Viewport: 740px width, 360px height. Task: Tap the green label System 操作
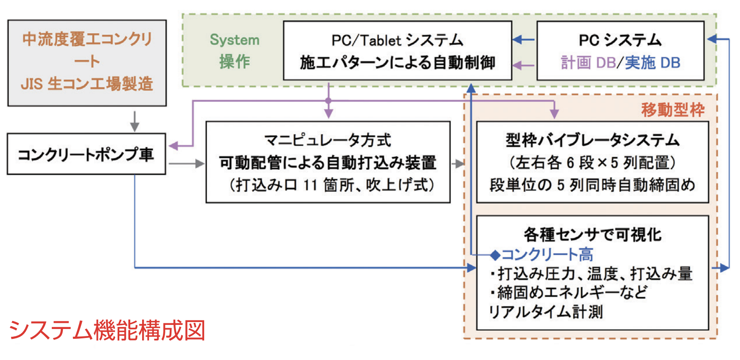pyautogui.click(x=234, y=51)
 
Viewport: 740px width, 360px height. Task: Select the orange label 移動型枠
pyautogui.click(x=673, y=110)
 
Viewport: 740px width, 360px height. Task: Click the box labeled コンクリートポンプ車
pyautogui.click(x=86, y=154)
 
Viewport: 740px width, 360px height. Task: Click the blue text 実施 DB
pyautogui.click(x=653, y=63)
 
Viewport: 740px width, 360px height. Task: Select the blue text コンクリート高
pyautogui.click(x=547, y=255)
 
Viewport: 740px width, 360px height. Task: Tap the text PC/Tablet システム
pyautogui.click(x=397, y=40)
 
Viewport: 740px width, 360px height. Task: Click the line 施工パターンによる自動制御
pyautogui.click(x=397, y=62)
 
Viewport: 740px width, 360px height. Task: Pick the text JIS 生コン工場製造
pyautogui.click(x=87, y=84)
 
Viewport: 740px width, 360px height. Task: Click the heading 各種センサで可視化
pyautogui.click(x=592, y=234)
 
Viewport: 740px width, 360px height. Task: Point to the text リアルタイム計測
pyautogui.click(x=546, y=312)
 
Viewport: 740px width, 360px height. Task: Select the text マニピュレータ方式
pyautogui.click(x=328, y=140)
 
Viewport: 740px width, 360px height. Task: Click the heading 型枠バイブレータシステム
pyautogui.click(x=592, y=140)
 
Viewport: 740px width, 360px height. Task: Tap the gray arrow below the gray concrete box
pyautogui.click(x=134, y=121)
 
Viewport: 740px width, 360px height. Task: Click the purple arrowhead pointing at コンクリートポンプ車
pyautogui.click(x=174, y=146)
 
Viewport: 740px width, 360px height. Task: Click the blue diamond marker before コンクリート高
pyautogui.click(x=495, y=255)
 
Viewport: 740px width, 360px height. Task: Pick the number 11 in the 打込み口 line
pyautogui.click(x=310, y=185)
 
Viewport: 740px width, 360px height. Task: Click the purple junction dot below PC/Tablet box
pyautogui.click(x=328, y=100)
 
